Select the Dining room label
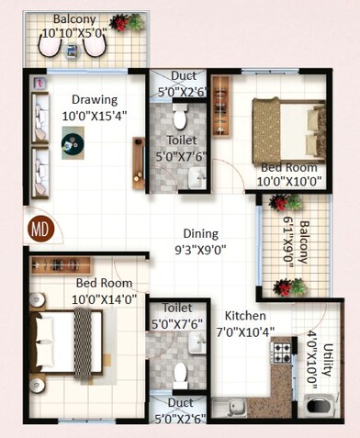tap(200, 233)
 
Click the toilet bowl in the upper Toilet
tap(180, 117)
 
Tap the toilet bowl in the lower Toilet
tap(181, 374)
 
